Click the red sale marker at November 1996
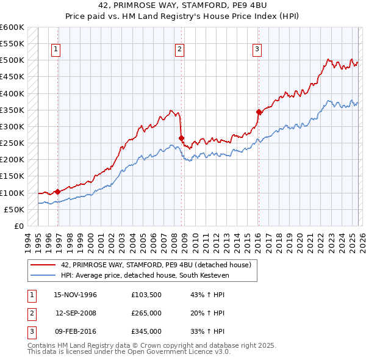[57, 192]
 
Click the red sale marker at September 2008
[181, 138]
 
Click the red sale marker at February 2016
[259, 112]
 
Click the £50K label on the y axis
[14, 209]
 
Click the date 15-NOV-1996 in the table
[76, 295]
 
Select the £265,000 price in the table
[146, 313]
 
